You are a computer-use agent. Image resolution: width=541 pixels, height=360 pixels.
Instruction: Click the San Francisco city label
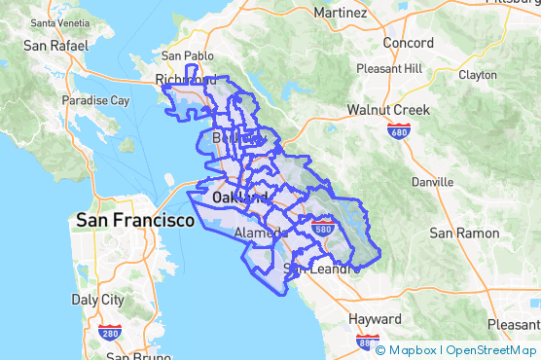coord(135,221)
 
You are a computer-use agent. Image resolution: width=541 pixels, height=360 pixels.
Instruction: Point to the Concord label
coord(408,43)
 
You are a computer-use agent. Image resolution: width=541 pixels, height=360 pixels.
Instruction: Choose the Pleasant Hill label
coord(389,69)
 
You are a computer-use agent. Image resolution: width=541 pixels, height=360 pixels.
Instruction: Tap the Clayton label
coord(477,74)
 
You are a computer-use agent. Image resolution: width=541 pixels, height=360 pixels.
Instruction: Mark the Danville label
coord(432,182)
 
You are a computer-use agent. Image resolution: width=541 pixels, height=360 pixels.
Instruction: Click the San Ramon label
coord(464,234)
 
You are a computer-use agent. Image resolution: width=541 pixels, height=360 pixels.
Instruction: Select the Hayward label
coord(375,319)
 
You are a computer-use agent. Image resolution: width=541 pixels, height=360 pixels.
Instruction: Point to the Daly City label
coord(98,300)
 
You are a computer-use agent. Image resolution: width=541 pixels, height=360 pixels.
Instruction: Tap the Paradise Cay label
coord(95,100)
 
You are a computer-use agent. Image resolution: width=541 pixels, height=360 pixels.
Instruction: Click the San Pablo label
coord(185,55)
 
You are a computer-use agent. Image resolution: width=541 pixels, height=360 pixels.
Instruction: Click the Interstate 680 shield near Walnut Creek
coord(397,129)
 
